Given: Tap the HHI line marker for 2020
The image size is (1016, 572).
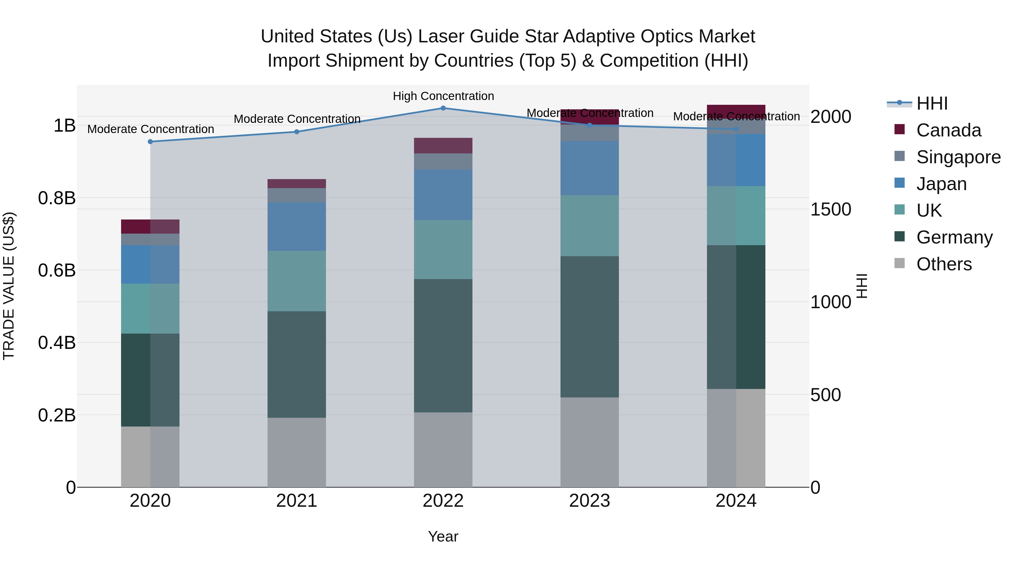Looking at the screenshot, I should coord(150,142).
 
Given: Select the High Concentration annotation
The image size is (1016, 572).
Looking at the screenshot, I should coord(443,96).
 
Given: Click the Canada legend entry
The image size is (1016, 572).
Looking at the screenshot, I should coord(948,130).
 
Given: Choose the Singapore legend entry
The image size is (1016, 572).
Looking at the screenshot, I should coord(958,157).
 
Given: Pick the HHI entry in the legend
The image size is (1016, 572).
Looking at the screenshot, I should coord(932,103).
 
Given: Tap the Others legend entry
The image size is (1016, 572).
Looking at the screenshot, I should coord(944,264).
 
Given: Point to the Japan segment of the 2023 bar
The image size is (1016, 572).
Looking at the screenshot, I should coord(590,168).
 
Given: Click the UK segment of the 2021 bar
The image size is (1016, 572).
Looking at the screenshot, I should coord(297,281).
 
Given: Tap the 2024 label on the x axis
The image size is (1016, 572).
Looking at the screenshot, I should coord(736,501).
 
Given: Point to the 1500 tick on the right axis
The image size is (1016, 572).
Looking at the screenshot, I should coord(831,210).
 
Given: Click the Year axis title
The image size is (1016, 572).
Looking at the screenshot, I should coord(443,536).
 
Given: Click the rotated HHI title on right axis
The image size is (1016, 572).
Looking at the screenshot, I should coord(862,286).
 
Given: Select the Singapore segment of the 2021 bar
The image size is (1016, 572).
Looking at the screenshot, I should coord(297,195).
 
